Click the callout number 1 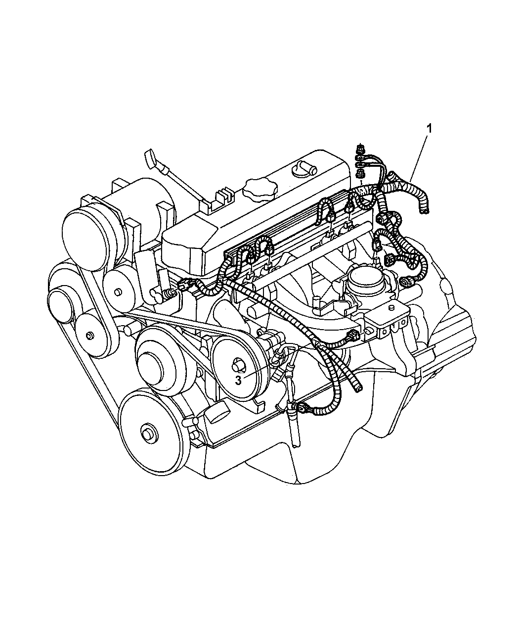pyautogui.click(x=430, y=115)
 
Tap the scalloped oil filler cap pyautogui.click(x=257, y=188)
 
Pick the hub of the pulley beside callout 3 pyautogui.click(x=239, y=366)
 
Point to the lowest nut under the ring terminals pyautogui.click(x=360, y=173)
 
